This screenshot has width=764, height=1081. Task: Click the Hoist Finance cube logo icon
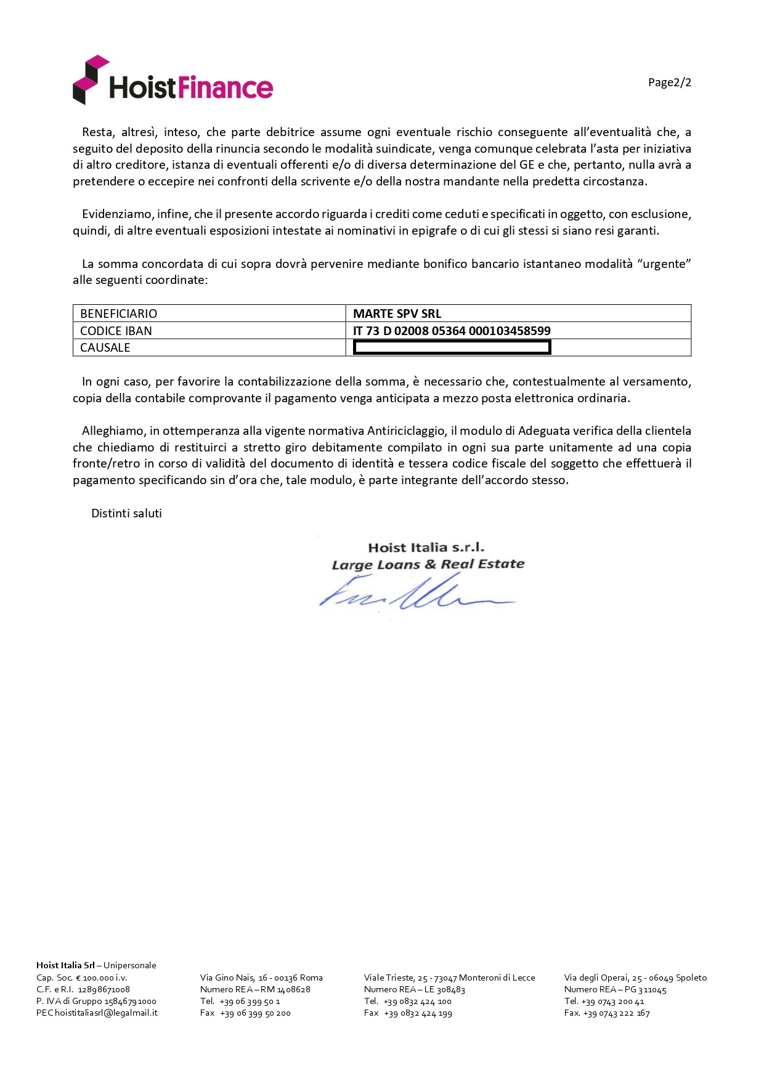(x=90, y=79)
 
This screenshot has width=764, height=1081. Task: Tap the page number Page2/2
(x=669, y=83)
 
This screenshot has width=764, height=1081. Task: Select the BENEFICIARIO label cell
(x=119, y=314)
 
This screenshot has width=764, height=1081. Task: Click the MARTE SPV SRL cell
(x=397, y=314)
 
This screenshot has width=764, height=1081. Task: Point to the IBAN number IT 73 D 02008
(x=452, y=331)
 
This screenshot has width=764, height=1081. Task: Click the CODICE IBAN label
(x=116, y=331)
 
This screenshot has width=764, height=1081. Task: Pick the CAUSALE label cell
(x=105, y=347)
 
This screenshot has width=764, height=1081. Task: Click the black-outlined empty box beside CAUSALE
(x=452, y=348)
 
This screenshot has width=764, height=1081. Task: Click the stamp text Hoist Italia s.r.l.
(x=426, y=548)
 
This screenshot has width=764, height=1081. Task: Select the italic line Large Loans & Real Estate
(x=428, y=564)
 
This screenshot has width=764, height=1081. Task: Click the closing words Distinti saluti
(x=126, y=513)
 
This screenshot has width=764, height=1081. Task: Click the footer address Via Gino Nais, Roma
(x=261, y=978)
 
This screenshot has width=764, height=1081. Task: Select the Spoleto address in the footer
(x=635, y=978)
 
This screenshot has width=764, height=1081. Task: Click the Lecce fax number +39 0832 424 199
(x=418, y=1013)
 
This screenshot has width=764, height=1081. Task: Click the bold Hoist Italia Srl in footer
(x=65, y=965)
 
